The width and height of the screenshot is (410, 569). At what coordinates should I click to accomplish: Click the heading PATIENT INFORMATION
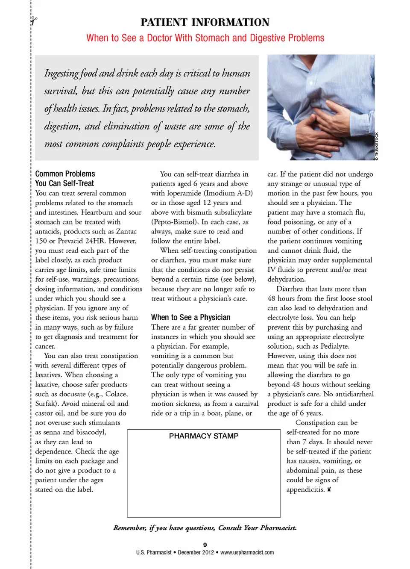pyautogui.click(x=205, y=22)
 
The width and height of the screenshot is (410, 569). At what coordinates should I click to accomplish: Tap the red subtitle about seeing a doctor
pyautogui.click(x=205, y=38)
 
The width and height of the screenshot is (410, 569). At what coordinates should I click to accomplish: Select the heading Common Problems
pyautogui.click(x=65, y=174)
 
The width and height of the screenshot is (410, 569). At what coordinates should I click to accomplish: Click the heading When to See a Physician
pyautogui.click(x=190, y=317)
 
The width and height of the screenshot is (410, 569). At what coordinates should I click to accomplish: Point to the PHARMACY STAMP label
pyautogui.click(x=204, y=436)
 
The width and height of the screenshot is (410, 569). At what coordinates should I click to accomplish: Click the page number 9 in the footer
pyautogui.click(x=205, y=545)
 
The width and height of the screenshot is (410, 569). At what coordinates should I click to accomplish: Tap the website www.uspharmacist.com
pyautogui.click(x=247, y=552)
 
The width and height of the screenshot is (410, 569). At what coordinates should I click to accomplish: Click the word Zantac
pyautogui.click(x=126, y=231)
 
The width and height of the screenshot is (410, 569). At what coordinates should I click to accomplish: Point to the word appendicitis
pyautogui.click(x=305, y=489)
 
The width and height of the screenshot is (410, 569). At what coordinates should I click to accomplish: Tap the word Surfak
pyautogui.click(x=47, y=404)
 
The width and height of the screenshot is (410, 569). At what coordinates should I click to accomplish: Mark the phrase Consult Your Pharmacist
pyautogui.click(x=257, y=528)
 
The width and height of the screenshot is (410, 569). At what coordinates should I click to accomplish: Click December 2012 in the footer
pyautogui.click(x=196, y=552)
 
